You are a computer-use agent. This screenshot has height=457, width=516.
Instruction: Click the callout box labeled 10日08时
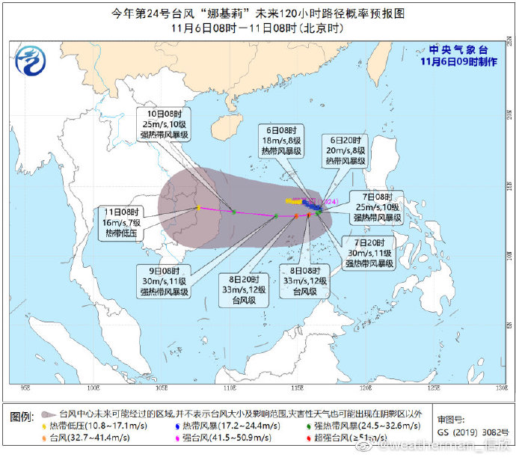164,124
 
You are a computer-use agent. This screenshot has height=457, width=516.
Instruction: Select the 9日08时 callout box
164,281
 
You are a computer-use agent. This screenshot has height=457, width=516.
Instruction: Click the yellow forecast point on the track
197,208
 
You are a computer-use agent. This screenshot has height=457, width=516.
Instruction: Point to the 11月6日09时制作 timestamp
458,63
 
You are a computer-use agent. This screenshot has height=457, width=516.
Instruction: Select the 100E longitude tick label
93,388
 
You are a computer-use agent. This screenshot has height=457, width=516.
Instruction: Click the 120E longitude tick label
366,388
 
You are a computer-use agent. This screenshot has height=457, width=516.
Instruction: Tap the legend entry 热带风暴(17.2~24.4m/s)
232,426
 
